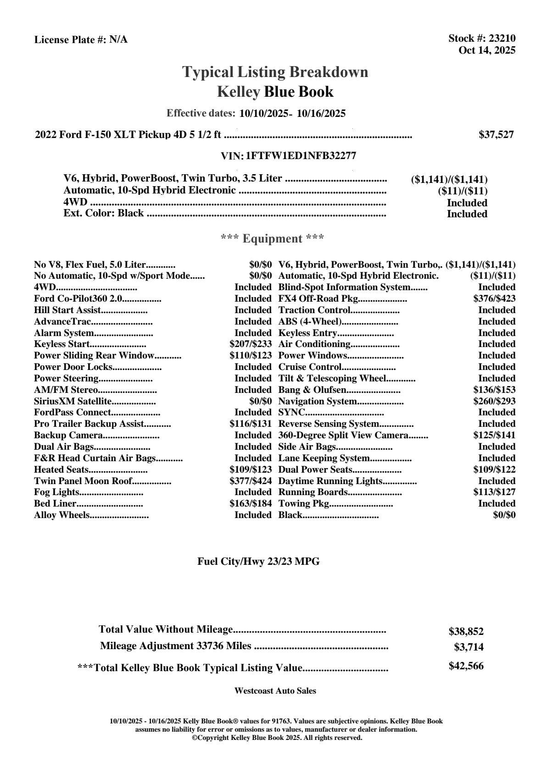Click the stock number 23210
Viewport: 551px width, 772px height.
pyautogui.click(x=502, y=39)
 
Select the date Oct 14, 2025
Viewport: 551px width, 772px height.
pyautogui.click(x=487, y=50)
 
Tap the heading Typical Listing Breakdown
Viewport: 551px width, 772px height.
pyautogui.click(x=275, y=72)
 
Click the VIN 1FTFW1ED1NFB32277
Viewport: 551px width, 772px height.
pyautogui.click(x=301, y=155)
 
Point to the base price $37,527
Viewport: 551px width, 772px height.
pyautogui.click(x=496, y=134)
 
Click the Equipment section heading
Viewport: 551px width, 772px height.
pyautogui.click(x=273, y=238)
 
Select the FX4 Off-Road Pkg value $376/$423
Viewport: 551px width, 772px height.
pyautogui.click(x=494, y=298)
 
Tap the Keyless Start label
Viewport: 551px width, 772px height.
pyautogui.click(x=61, y=344)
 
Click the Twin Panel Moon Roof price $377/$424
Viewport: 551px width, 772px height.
pyautogui.click(x=250, y=481)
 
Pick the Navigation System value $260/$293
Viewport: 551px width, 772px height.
pyautogui.click(x=494, y=401)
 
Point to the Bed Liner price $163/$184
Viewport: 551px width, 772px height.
pyautogui.click(x=250, y=503)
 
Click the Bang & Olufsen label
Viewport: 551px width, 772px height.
pyautogui.click(x=312, y=390)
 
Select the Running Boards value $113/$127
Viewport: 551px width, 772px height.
pyautogui.click(x=494, y=492)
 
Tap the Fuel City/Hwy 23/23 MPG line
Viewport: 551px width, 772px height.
pyautogui.click(x=258, y=561)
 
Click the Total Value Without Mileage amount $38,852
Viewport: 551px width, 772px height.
pyautogui.click(x=466, y=631)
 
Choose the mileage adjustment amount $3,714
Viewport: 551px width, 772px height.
pyautogui.click(x=468, y=647)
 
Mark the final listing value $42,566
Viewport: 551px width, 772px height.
pyautogui.click(x=466, y=666)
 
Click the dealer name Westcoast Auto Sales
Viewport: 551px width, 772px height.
pyautogui.click(x=275, y=690)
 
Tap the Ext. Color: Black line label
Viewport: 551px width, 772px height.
pyautogui.click(x=103, y=213)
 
